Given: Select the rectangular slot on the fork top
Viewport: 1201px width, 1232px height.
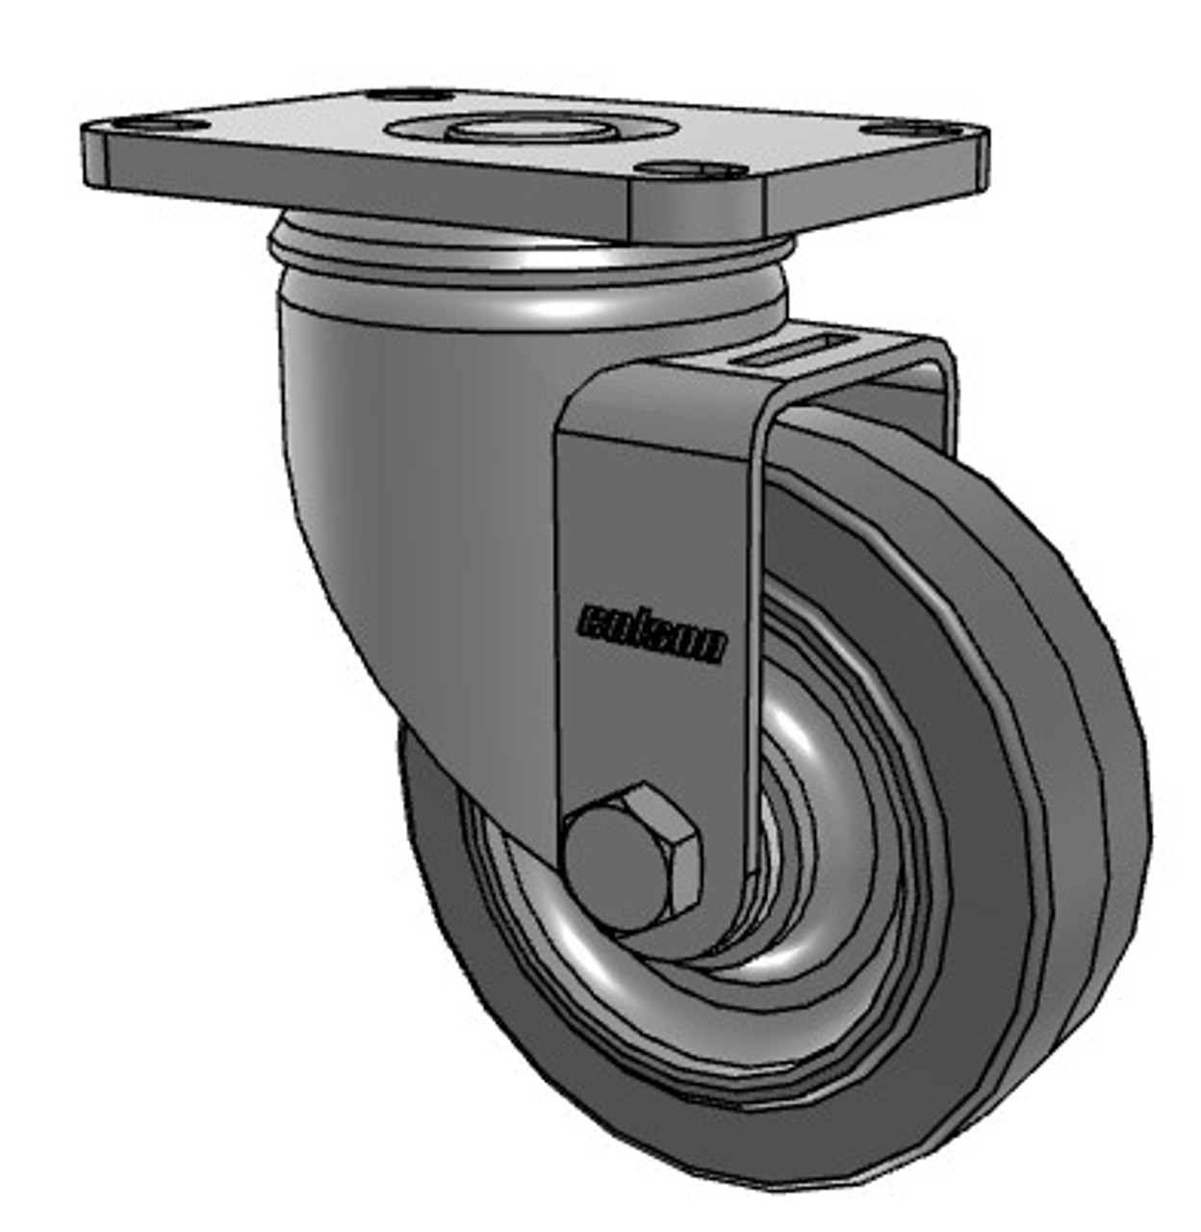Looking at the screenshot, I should click(x=790, y=351).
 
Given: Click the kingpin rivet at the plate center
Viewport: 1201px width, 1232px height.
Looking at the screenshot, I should click(x=525, y=129).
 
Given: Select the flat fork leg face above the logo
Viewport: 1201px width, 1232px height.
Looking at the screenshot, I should click(x=654, y=481).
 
